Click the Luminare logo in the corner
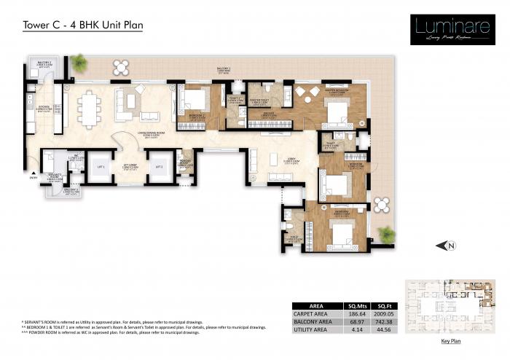447,30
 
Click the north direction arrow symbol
447,246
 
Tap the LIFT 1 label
102,167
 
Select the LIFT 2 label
159,167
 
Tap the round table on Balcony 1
121,67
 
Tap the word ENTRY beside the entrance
32,176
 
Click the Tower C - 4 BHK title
82,25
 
